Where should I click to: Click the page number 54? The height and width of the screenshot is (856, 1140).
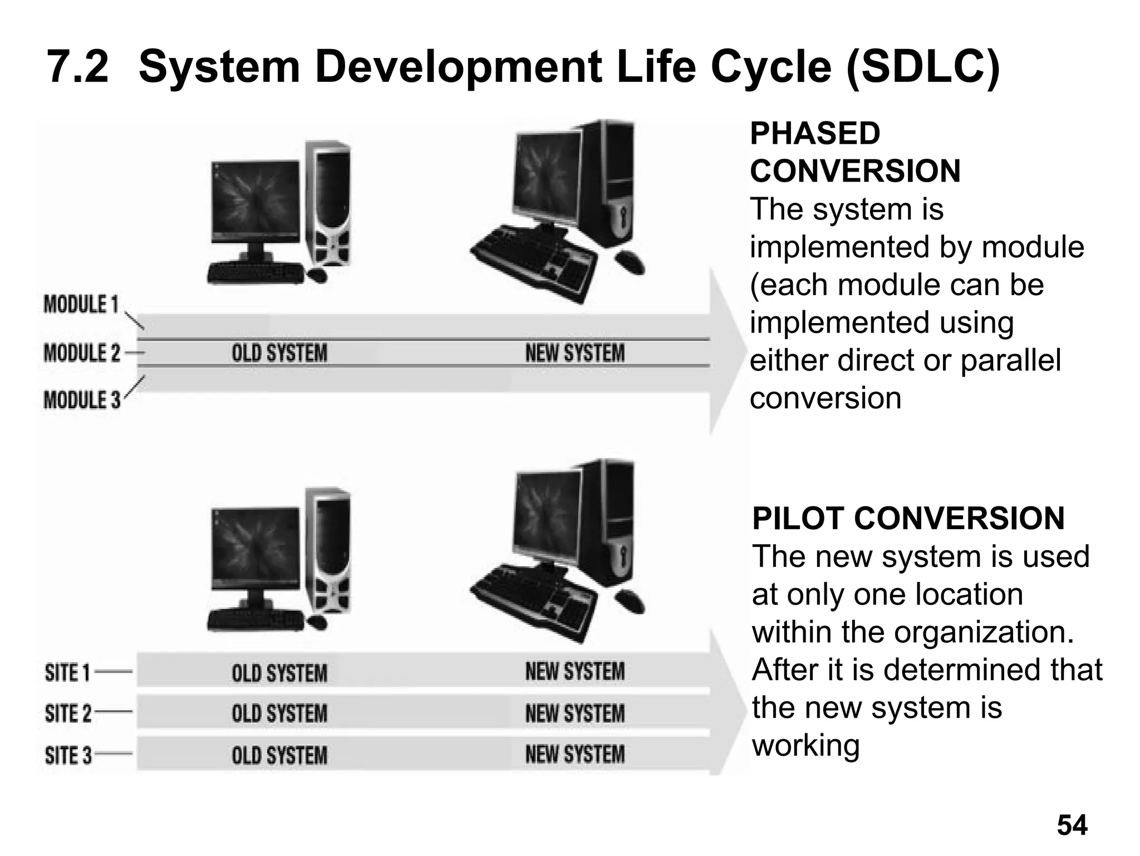tap(1072, 825)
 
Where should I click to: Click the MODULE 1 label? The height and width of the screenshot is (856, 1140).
tap(81, 305)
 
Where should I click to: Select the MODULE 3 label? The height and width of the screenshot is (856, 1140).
tap(82, 400)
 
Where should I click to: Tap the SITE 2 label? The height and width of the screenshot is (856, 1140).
tap(68, 713)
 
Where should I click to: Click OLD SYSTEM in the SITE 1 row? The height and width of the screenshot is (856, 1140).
tap(279, 673)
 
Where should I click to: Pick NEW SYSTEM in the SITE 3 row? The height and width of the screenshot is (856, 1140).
tap(575, 755)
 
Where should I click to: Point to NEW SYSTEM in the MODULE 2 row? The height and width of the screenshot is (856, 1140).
tap(575, 353)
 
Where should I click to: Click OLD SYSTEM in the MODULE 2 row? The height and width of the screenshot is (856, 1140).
tap(279, 353)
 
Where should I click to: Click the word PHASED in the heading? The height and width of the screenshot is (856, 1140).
tap(815, 134)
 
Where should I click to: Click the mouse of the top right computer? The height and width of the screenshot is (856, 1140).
tap(630, 262)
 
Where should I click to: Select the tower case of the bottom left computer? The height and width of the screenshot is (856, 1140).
tap(331, 551)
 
